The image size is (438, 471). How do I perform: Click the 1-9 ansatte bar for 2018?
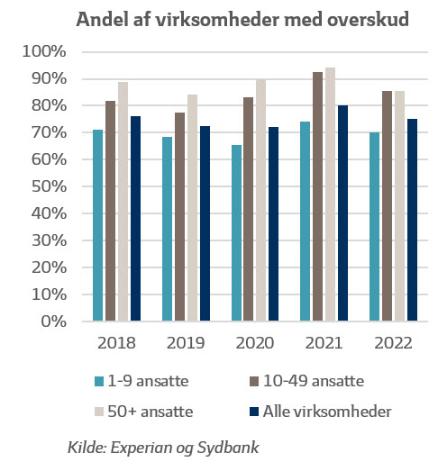click(97, 225)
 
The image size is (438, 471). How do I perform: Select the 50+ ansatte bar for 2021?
click(330, 194)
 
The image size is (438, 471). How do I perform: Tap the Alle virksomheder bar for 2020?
click(273, 223)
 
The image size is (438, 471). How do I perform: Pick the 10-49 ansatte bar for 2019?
click(179, 216)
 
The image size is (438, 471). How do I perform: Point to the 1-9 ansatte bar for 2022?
click(374, 226)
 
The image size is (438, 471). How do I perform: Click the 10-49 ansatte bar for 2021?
click(317, 196)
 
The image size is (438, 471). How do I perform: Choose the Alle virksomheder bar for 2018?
click(135, 218)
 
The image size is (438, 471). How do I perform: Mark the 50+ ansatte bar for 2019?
click(192, 207)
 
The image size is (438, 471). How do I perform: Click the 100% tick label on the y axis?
click(44, 51)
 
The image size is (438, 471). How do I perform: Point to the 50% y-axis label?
click(49, 186)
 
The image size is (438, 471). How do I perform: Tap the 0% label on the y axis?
click(53, 322)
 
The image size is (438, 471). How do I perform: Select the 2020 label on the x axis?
click(255, 343)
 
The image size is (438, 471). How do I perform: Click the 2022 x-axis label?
click(393, 343)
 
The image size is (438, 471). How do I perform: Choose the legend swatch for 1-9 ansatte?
click(99, 382)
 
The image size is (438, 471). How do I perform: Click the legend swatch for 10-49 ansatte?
click(254, 382)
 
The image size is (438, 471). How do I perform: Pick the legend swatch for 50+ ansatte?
click(99, 412)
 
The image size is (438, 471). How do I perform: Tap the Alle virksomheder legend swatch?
click(254, 412)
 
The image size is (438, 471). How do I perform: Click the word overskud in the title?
click(368, 19)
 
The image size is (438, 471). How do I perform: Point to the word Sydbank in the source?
click(228, 448)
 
